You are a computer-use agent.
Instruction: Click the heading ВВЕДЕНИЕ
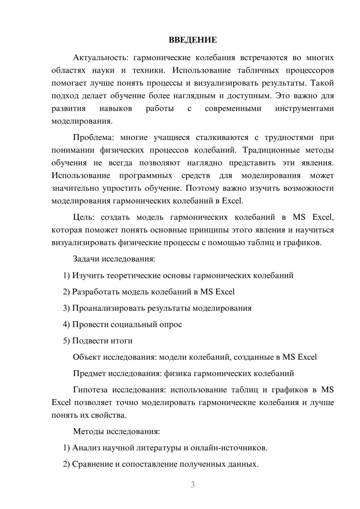click(193, 40)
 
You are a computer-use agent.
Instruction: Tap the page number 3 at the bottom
click(193, 485)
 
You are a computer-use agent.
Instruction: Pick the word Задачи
click(86, 259)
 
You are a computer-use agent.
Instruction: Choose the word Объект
click(86, 357)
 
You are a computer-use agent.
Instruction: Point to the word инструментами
click(304, 109)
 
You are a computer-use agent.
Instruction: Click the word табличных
click(258, 70)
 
